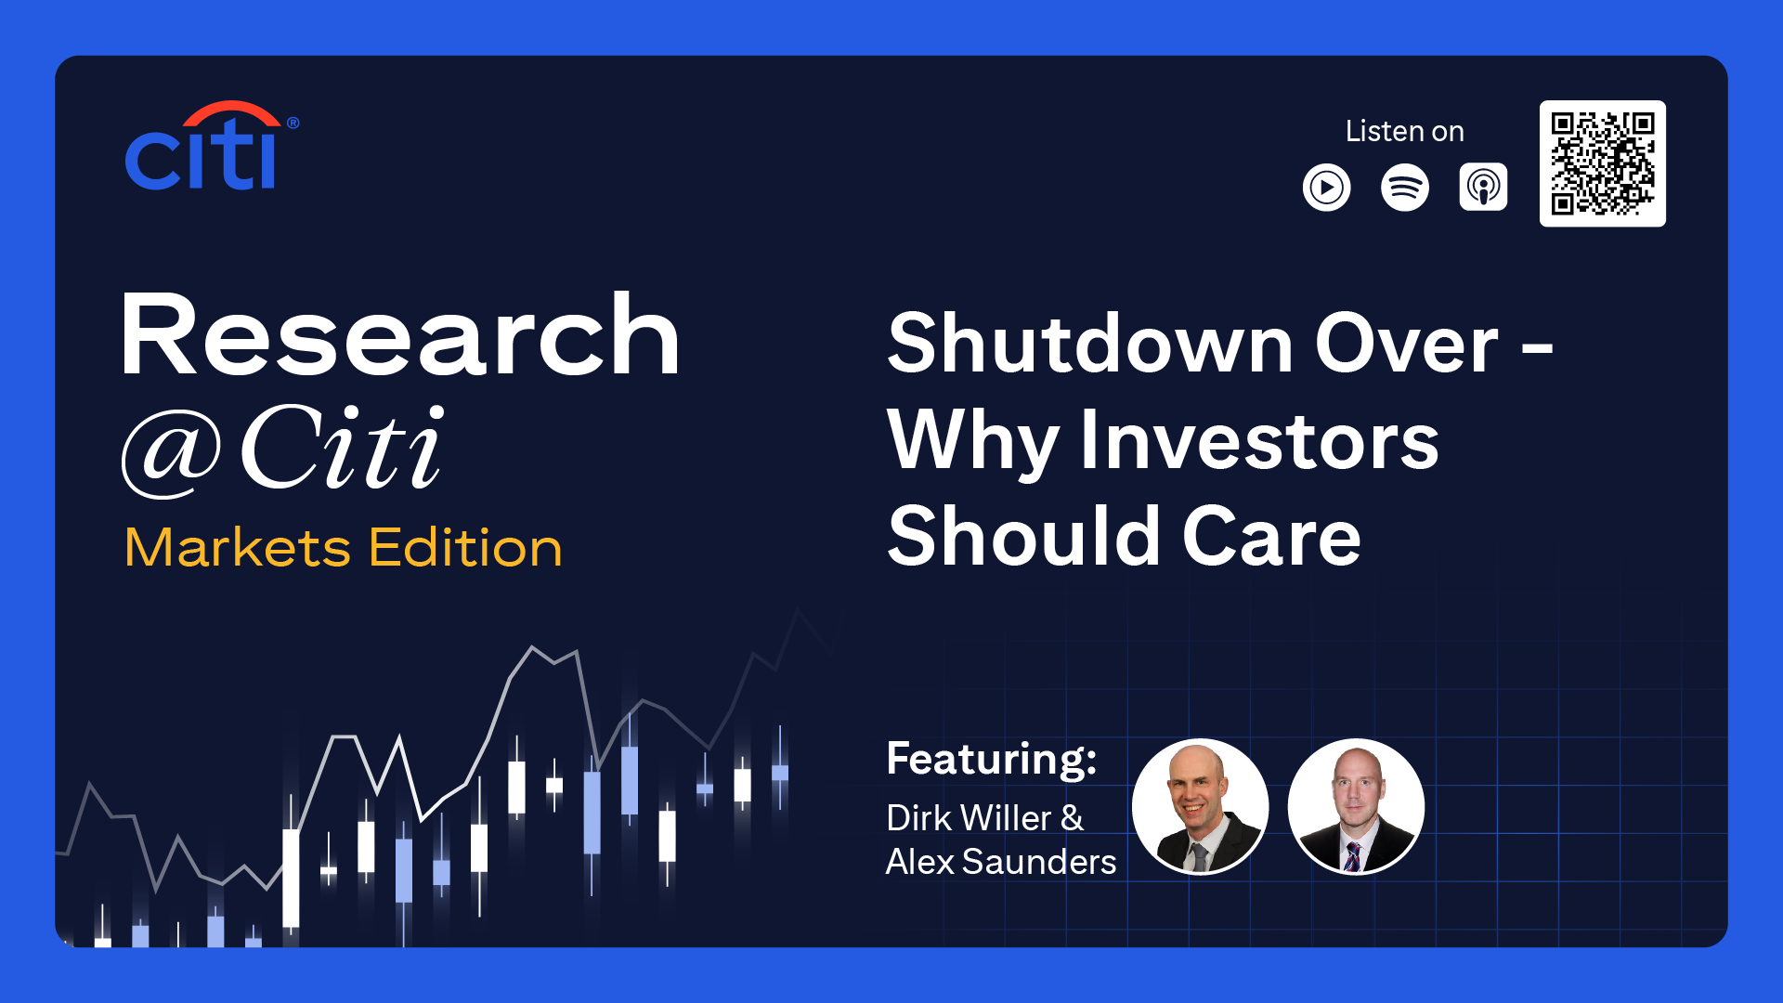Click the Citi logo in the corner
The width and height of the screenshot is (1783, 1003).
click(x=212, y=146)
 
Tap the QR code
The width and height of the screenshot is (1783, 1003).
click(x=1603, y=163)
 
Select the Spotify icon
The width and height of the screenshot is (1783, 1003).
click(x=1405, y=188)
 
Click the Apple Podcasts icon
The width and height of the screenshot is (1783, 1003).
click(x=1483, y=188)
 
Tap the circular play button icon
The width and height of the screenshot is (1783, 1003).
click(x=1327, y=188)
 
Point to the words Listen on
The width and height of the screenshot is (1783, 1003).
click(x=1405, y=131)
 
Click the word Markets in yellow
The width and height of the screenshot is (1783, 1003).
click(x=238, y=547)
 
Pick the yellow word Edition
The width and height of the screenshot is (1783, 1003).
click(x=466, y=547)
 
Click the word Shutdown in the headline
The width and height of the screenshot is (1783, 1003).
click(x=1091, y=343)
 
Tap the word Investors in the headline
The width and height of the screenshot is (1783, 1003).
click(x=1259, y=440)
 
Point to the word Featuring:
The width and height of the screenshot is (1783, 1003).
click(x=992, y=759)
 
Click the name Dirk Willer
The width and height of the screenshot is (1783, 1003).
click(x=970, y=818)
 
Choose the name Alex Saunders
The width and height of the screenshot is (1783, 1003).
click(x=1001, y=862)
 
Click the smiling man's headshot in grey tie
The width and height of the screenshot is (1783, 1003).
click(x=1201, y=806)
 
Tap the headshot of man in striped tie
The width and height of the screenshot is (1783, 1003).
click(x=1356, y=806)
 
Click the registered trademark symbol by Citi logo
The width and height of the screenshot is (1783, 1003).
click(x=293, y=123)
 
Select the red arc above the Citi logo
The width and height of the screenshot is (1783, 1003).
click(x=231, y=111)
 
